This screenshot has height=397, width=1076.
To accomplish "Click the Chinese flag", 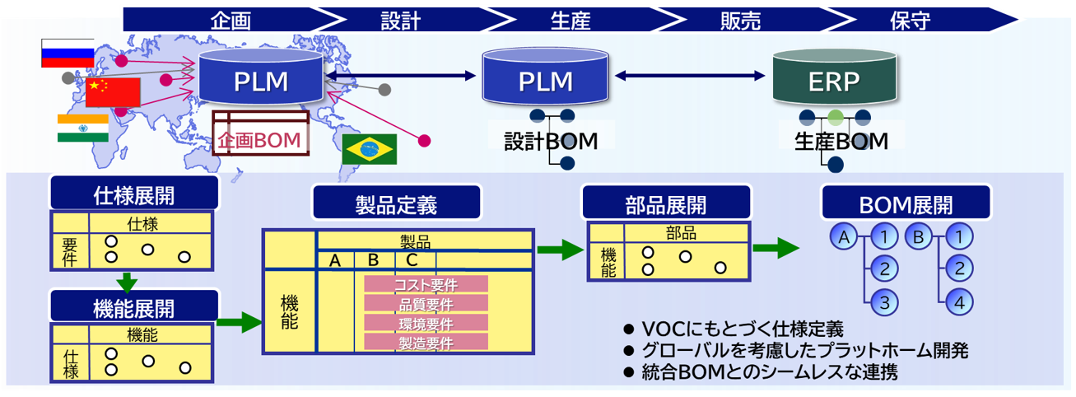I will coord(113,91).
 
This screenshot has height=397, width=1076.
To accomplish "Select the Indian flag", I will coord(83,128).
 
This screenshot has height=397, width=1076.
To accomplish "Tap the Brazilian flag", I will coord(370,149).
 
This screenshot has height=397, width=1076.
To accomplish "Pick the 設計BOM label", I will coord(551,141).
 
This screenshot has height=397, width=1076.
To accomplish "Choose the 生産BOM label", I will coord(841,141).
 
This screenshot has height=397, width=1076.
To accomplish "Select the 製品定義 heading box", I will coord(396,202).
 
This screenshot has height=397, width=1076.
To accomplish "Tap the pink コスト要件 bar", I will coord(426,284).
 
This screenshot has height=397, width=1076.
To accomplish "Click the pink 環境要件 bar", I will coord(426,324).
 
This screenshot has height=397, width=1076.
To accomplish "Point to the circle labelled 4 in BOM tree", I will coord(958,301).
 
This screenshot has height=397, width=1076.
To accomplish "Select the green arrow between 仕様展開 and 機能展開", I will coord(126,283).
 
